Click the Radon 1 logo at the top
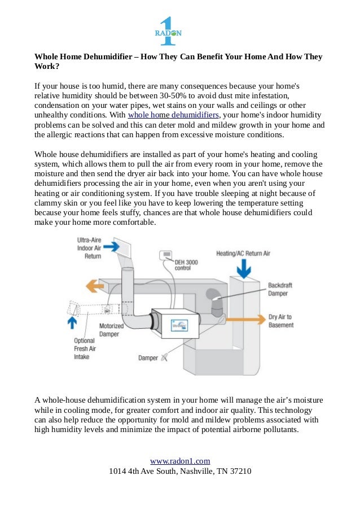point(168,32)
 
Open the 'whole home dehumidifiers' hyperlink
point(173,115)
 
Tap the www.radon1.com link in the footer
point(180,461)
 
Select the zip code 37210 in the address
point(240,471)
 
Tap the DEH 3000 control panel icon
point(167,255)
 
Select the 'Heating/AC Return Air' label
point(244,254)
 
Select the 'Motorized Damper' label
point(111,330)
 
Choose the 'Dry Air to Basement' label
point(280,321)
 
